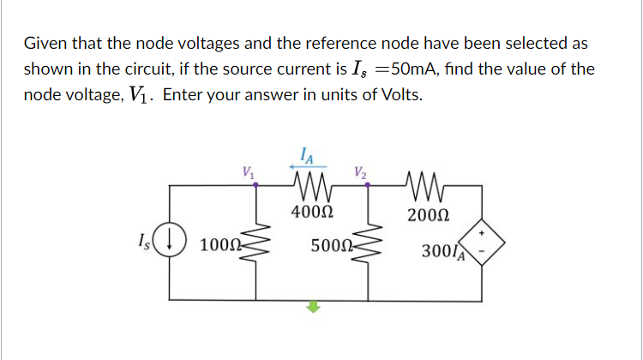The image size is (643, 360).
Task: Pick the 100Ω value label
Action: (218, 248)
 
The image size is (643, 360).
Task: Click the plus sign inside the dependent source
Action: (483, 231)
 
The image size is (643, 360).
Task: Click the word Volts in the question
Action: (398, 94)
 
